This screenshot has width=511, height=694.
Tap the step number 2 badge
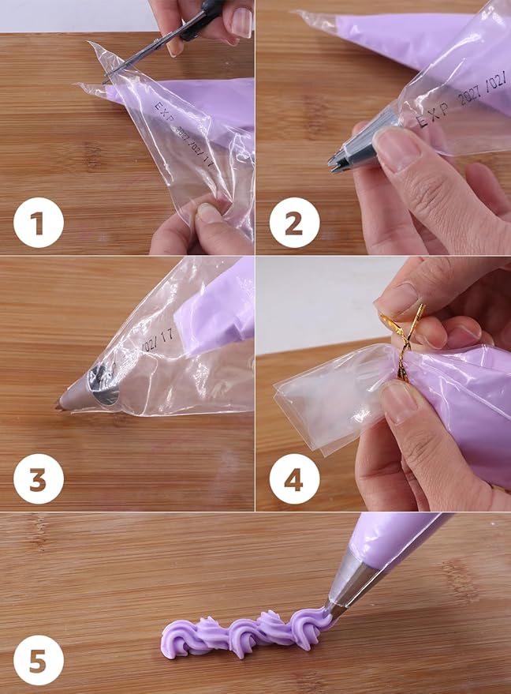click(294, 224)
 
